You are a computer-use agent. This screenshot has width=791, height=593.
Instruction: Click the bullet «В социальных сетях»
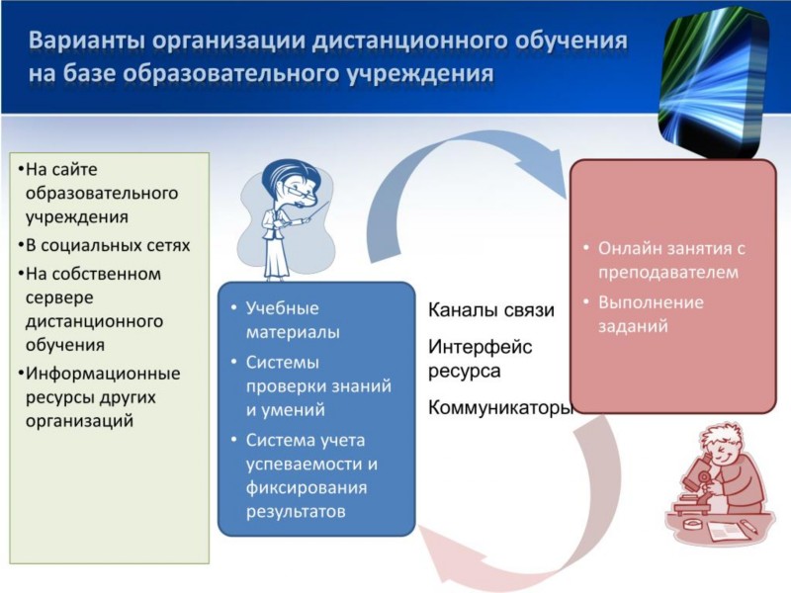click(x=104, y=245)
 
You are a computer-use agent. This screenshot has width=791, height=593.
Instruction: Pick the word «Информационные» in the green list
click(x=103, y=374)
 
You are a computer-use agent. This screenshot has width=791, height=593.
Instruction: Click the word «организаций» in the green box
click(x=79, y=421)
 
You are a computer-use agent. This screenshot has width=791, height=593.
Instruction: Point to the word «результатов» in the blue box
click(x=296, y=511)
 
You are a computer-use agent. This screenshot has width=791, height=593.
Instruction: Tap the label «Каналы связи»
click(x=490, y=310)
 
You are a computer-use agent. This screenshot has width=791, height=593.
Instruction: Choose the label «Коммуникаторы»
click(x=501, y=407)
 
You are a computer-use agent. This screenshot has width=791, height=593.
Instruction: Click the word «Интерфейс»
click(x=480, y=347)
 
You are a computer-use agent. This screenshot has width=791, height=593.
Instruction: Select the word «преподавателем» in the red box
click(x=668, y=273)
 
